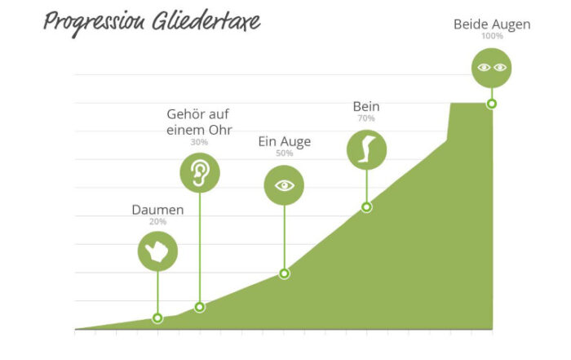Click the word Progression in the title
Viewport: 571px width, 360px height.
(x=94, y=22)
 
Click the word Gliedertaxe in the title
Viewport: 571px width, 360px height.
(x=206, y=20)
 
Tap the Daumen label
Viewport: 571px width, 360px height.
(x=157, y=210)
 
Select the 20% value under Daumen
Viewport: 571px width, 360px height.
(x=157, y=221)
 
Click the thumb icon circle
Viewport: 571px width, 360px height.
(x=157, y=251)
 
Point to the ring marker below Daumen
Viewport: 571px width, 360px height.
(x=157, y=318)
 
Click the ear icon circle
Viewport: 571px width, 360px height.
(x=200, y=173)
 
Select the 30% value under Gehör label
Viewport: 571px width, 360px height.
(x=199, y=142)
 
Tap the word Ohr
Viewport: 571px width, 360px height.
(x=221, y=130)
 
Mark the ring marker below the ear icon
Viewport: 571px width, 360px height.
(x=200, y=307)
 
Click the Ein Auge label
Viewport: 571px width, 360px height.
(x=285, y=141)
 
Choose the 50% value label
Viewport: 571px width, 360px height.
(x=285, y=153)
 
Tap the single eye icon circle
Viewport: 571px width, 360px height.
(x=284, y=185)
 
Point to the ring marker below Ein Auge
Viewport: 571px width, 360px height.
(x=285, y=273)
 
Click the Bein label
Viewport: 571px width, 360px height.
(x=366, y=106)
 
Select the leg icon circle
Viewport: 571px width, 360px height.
(x=366, y=149)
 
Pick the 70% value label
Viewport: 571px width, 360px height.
(x=366, y=118)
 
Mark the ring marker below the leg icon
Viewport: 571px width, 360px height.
(x=367, y=207)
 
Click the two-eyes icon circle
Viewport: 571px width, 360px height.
(x=492, y=68)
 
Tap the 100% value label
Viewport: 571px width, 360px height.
(x=493, y=36)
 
